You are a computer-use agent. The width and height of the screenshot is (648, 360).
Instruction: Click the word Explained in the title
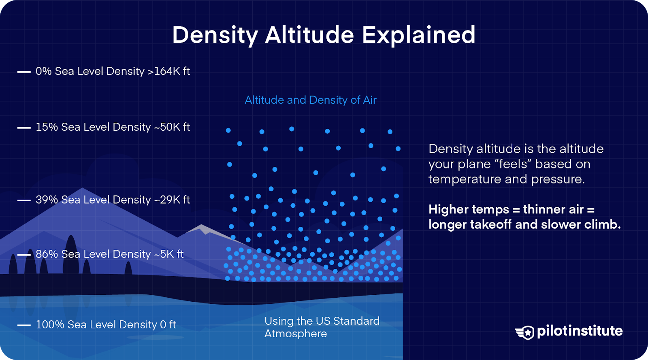[x=418, y=35]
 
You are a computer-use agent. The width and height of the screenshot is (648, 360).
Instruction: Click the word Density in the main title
[x=215, y=36]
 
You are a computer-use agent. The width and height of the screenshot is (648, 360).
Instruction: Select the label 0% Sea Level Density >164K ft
[x=113, y=71]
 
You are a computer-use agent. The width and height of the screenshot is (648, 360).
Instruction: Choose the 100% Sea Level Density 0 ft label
[x=106, y=325]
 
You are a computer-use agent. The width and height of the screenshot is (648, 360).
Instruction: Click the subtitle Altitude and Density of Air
[x=311, y=100]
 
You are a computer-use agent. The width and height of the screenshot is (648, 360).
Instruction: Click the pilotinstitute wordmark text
[x=580, y=331]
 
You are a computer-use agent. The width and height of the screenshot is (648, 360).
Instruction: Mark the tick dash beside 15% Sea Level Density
[x=24, y=128]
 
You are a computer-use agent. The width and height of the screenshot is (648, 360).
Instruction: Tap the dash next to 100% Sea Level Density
[x=24, y=325]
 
